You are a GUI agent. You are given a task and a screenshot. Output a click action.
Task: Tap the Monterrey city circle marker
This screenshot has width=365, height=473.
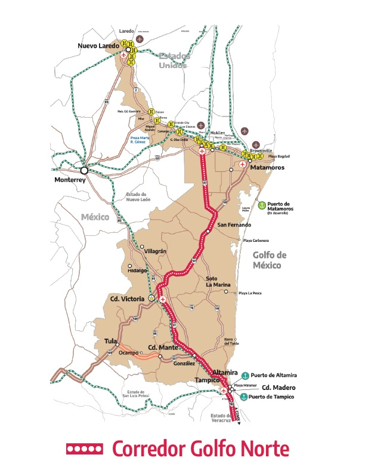click(x=85, y=170)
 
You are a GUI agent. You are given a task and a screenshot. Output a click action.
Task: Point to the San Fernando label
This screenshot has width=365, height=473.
click(x=234, y=225)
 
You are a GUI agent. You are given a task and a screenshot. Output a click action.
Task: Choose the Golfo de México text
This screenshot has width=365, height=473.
click(x=270, y=260)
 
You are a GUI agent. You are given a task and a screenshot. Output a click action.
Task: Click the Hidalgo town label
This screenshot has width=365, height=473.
click(x=137, y=271)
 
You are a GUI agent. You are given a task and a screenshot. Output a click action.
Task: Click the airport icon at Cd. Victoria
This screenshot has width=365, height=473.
click(x=162, y=298)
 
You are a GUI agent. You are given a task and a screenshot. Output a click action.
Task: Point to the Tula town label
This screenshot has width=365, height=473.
click(x=110, y=341)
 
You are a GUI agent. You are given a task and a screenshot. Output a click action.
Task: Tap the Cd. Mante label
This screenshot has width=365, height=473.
click(x=161, y=347)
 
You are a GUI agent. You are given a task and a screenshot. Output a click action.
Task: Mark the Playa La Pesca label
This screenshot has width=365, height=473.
click(x=250, y=293)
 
